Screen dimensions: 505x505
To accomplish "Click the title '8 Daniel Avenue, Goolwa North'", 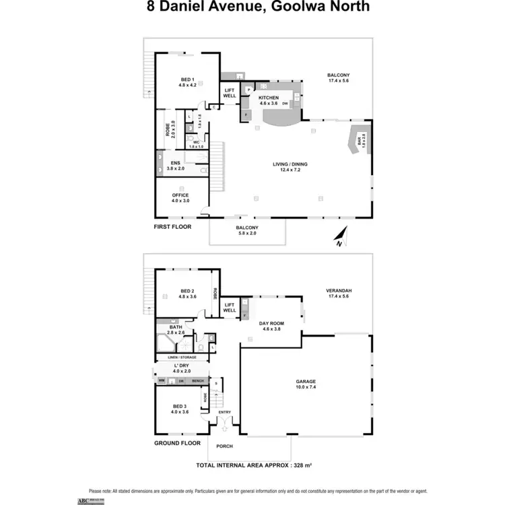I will click(259, 7).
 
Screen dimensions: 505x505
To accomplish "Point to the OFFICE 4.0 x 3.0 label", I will click(180, 198).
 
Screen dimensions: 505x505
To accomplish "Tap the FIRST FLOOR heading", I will click(173, 227).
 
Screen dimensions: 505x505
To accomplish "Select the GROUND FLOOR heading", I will click(178, 443).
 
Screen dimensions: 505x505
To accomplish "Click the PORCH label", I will click(224, 446).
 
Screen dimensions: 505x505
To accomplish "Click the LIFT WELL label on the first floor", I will click(230, 94).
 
